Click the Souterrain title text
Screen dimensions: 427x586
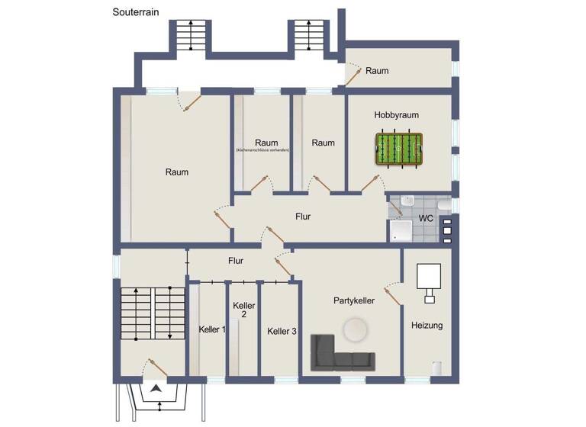(x=137, y=12)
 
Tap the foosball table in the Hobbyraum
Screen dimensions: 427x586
(x=399, y=149)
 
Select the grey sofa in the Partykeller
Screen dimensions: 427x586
(x=341, y=352)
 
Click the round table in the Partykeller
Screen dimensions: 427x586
(x=355, y=330)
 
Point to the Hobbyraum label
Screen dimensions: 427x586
(x=396, y=115)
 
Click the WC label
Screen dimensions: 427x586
(x=426, y=218)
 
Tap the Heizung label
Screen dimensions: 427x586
(x=427, y=326)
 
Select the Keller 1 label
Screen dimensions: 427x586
(x=211, y=329)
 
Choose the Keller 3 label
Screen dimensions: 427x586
(x=282, y=331)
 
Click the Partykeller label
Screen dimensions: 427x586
(x=354, y=301)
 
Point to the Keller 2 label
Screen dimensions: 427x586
(x=243, y=310)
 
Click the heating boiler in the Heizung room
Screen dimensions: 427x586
(x=428, y=276)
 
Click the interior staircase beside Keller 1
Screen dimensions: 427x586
(x=153, y=316)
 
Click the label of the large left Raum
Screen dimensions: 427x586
(x=177, y=172)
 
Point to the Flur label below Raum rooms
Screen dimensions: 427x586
(x=303, y=217)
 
